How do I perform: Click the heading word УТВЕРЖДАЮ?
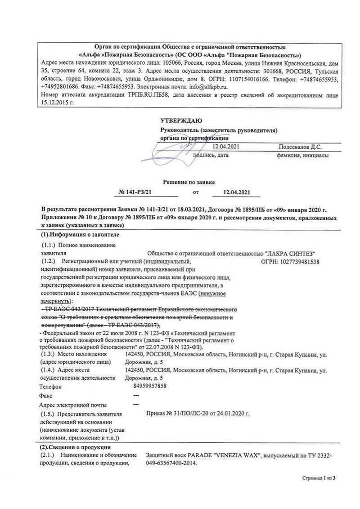click(x=181, y=121)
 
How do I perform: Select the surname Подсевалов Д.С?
click(x=300, y=147)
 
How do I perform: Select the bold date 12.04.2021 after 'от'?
click(x=236, y=193)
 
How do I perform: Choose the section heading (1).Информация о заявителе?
click(x=81, y=234)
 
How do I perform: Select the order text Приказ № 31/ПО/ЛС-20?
click(x=177, y=413)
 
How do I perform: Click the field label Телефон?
click(x=50, y=386)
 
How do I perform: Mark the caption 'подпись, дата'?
click(x=210, y=155)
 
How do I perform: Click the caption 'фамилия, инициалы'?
click(x=302, y=155)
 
